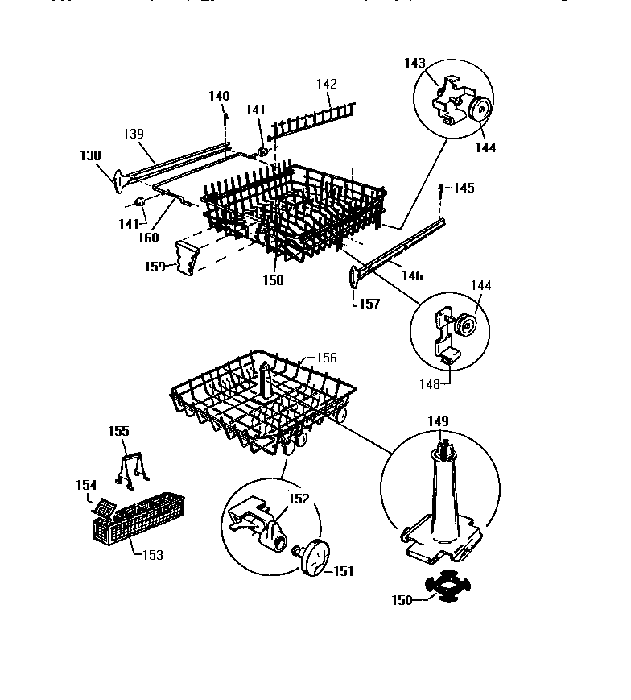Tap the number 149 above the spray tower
click(x=439, y=421)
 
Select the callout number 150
click(x=402, y=599)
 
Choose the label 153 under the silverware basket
click(x=151, y=555)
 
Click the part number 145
click(x=464, y=188)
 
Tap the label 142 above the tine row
click(x=326, y=84)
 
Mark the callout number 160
click(x=148, y=238)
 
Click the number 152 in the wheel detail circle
click(x=299, y=499)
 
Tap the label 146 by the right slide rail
click(x=411, y=276)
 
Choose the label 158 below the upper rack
click(x=273, y=281)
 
